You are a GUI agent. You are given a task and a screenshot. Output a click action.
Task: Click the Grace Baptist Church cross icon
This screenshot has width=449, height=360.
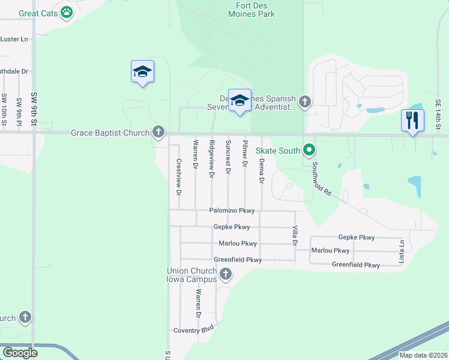pyautogui.click(x=158, y=131)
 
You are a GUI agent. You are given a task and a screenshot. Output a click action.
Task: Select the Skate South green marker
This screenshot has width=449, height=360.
pyautogui.click(x=309, y=149)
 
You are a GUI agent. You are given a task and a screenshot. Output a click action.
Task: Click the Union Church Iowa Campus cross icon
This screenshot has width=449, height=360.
pyautogui.click(x=226, y=275)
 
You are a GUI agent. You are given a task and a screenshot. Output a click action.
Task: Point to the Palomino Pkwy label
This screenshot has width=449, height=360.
pyautogui.click(x=232, y=211)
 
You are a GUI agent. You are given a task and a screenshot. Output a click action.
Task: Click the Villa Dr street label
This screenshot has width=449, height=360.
pyautogui.click(x=295, y=236)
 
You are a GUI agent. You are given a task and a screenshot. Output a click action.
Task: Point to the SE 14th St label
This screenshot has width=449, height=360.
pyautogui.click(x=438, y=115)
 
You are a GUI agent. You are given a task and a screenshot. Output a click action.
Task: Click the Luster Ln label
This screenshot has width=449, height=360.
pyautogui.click(x=14, y=39)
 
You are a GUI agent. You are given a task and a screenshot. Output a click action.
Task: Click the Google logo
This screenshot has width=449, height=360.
pyautogui.click(x=20, y=353)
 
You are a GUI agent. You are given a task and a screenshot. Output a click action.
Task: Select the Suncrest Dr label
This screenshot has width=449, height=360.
pyautogui.click(x=228, y=157)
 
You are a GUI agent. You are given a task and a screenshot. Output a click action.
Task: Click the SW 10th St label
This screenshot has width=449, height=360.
pyautogui.click(x=4, y=110)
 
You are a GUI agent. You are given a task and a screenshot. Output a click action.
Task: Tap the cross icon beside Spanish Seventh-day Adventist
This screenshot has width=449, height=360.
pyautogui.click(x=305, y=101)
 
